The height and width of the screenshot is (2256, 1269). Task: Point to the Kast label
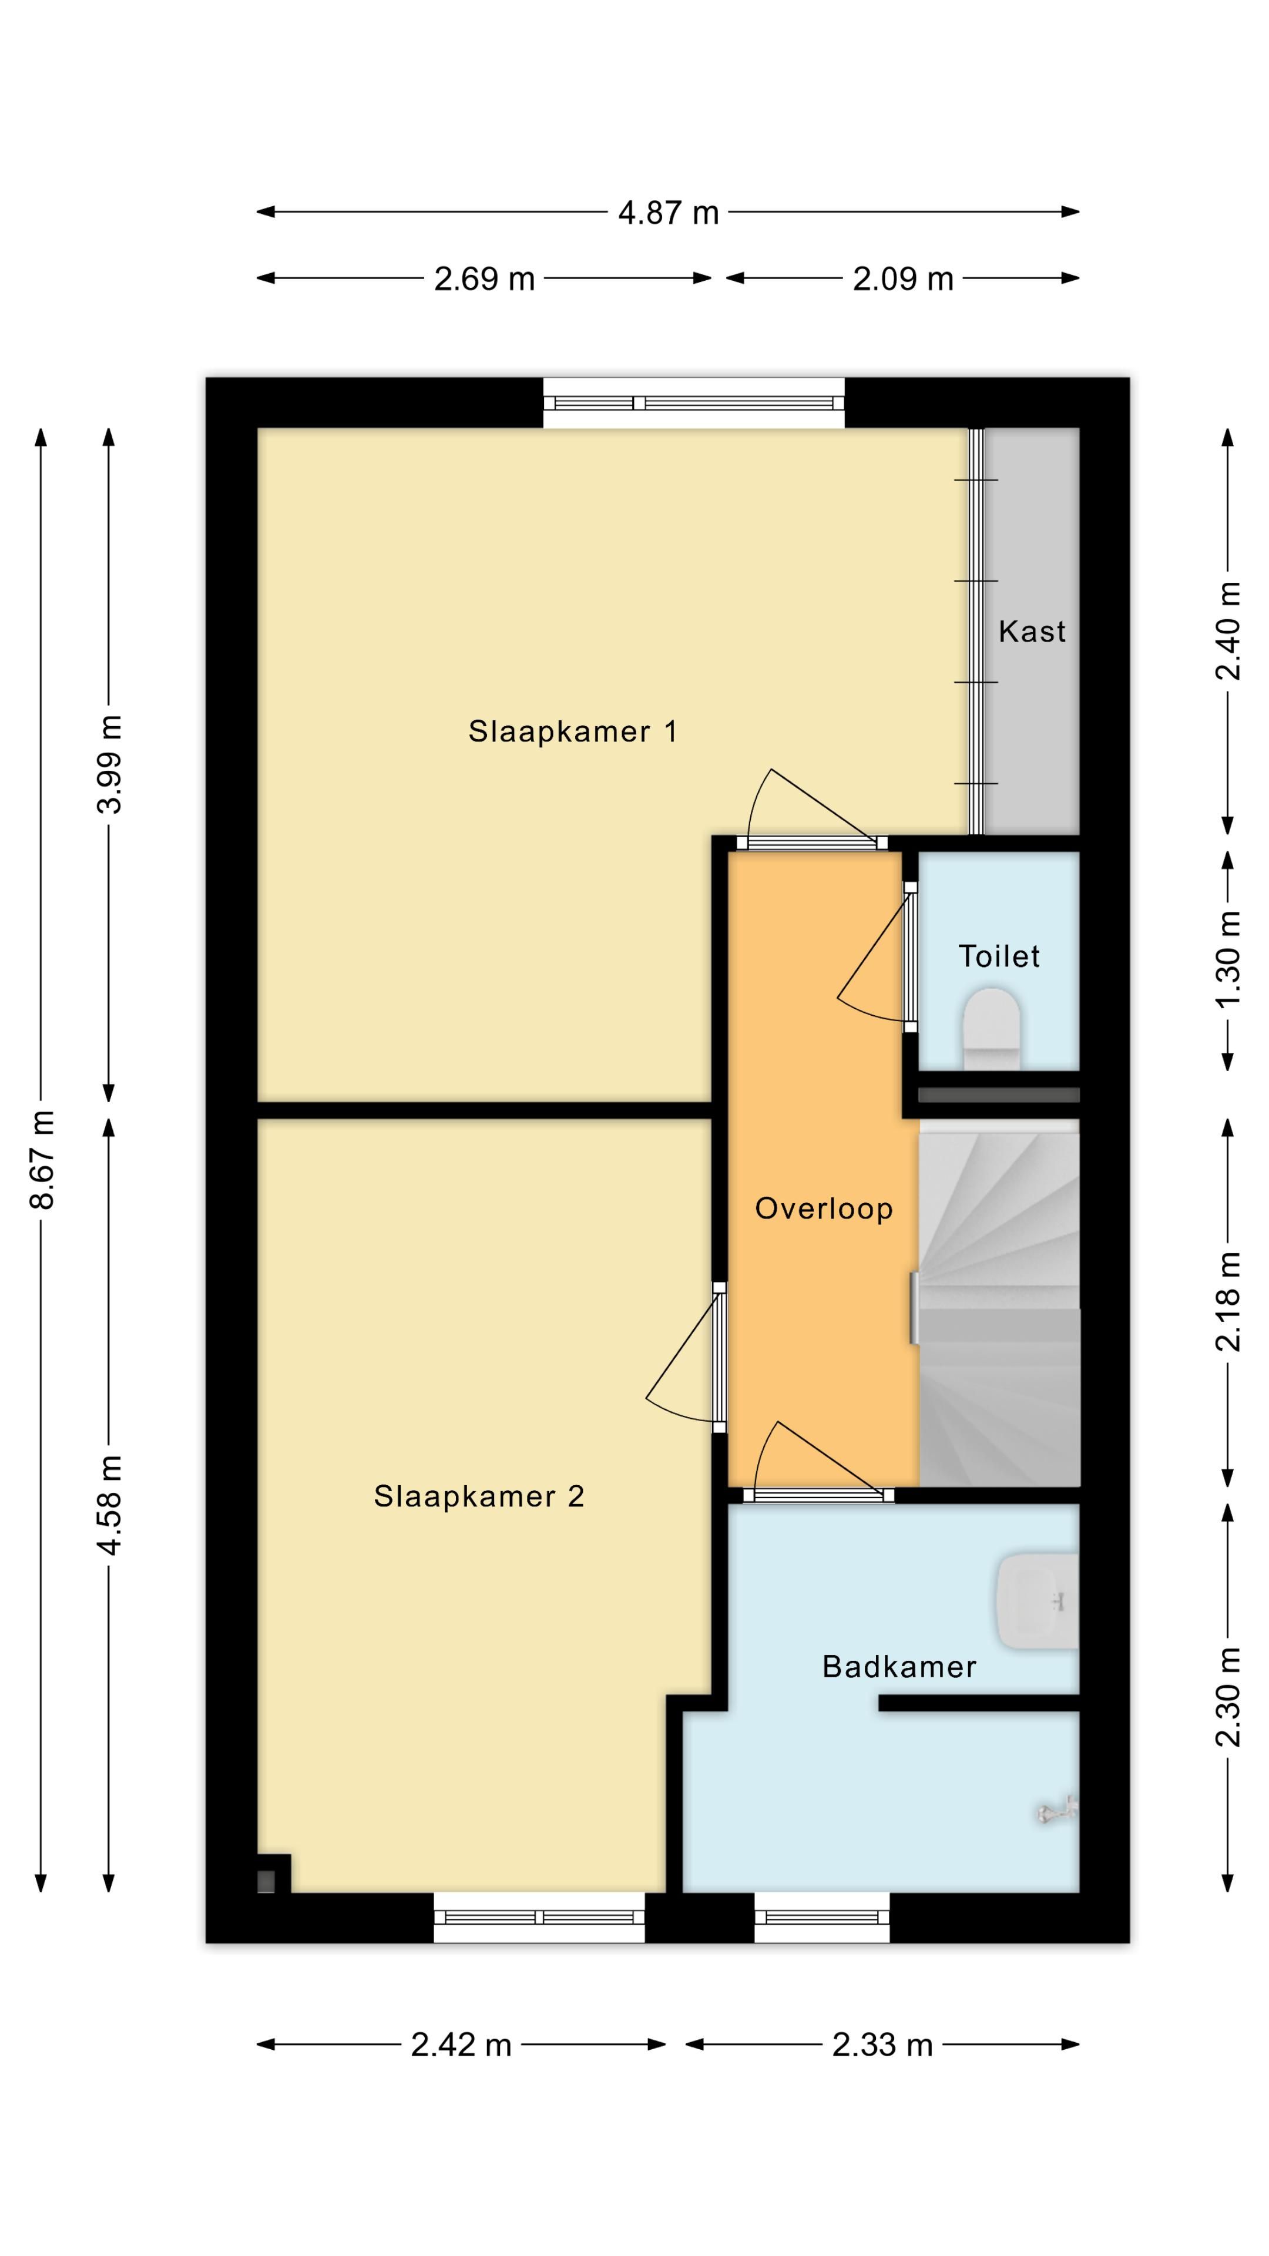1032,632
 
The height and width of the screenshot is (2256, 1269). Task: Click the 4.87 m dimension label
668,212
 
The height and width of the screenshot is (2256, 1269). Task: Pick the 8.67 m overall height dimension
41,1160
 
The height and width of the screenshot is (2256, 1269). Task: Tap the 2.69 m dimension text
484,278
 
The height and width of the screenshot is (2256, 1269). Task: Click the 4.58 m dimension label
109,1505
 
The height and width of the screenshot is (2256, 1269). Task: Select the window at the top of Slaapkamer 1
694,403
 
